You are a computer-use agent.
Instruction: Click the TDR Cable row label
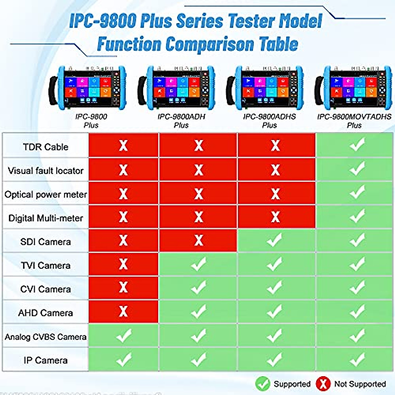click(45, 147)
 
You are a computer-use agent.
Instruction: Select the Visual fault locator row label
click(45, 171)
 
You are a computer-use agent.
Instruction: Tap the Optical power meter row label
click(45, 194)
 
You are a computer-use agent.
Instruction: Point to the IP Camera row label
click(45, 360)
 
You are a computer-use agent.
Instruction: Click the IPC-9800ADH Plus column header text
click(181, 121)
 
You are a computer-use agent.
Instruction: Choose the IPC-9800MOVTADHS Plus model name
click(354, 121)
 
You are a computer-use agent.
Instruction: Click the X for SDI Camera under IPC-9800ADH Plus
click(198, 240)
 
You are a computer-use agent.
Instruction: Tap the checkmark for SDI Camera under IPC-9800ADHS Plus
click(275, 240)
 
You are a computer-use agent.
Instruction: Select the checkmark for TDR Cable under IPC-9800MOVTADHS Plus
click(357, 145)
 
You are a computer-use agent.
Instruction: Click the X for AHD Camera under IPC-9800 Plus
click(123, 311)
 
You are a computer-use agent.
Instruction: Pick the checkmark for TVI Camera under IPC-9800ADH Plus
click(198, 264)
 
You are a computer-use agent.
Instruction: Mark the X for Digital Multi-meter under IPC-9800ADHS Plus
click(275, 217)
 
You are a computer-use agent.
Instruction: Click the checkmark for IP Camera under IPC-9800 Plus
click(124, 359)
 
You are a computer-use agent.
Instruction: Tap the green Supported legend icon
click(263, 384)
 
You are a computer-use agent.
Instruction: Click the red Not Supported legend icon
click(323, 384)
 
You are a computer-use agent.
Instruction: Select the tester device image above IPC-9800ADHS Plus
click(265, 88)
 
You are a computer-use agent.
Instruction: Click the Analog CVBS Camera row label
click(45, 337)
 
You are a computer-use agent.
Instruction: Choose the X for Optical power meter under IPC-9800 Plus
click(123, 194)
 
